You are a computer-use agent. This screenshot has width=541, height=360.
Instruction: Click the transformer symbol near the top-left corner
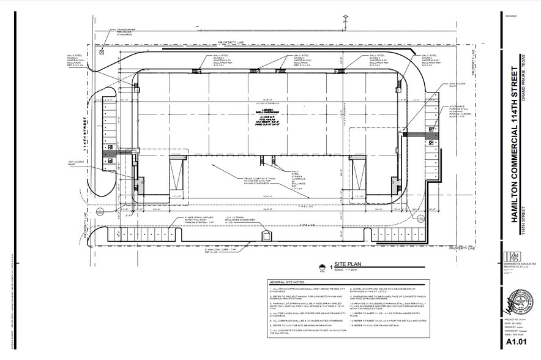[x=102, y=52]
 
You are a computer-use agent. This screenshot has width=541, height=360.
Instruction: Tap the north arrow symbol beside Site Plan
[x=321, y=265]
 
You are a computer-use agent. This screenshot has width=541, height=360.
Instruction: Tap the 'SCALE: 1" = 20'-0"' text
[x=349, y=268]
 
